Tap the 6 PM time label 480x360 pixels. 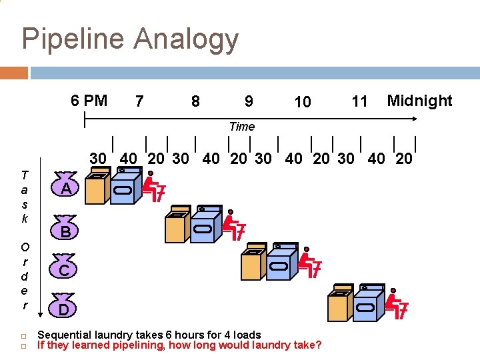pyautogui.click(x=89, y=101)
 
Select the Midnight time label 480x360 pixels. pyautogui.click(x=419, y=101)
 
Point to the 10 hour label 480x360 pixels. pyautogui.click(x=302, y=102)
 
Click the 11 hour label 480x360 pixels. pyautogui.click(x=359, y=101)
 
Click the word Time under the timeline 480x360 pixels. pyautogui.click(x=241, y=126)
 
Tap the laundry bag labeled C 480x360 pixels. pyautogui.click(x=65, y=269)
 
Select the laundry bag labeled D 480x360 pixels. pyautogui.click(x=63, y=309)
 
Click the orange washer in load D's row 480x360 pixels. pyautogui.click(x=339, y=306)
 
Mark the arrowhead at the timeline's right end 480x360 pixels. pyautogui.click(x=414, y=119)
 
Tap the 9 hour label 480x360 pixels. pyautogui.click(x=249, y=101)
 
